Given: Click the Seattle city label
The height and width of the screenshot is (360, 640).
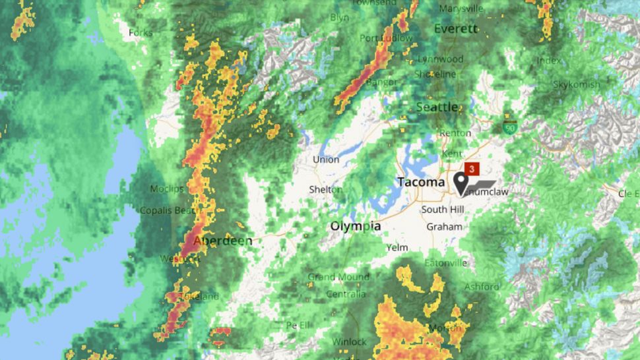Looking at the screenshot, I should coord(437,106).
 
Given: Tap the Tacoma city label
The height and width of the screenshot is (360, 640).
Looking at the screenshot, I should coord(420,182).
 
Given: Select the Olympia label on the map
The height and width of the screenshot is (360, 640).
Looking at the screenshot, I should coord(356,226).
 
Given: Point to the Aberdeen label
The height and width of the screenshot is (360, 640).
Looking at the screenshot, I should coord(222,241).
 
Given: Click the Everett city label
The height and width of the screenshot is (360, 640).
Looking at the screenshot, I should coord(455,29).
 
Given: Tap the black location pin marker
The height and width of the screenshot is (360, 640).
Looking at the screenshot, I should coord(461,182).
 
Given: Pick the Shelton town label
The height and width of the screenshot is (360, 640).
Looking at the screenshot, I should coord(326,190).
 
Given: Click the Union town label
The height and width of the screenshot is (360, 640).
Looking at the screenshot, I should coord(326,160).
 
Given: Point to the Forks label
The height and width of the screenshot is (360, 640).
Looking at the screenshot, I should coord(140,32).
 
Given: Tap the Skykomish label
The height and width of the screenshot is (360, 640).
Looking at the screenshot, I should coord(577,84).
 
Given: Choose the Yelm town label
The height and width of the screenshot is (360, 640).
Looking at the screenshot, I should coord(397,248).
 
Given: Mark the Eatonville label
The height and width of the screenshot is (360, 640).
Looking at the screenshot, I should coord(445,262).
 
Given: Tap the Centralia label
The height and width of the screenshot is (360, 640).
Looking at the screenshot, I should coord(346,293).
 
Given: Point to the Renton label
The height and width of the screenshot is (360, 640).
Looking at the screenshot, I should coord(455,133).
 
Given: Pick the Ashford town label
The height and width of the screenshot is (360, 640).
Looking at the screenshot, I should coord(482,286).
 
